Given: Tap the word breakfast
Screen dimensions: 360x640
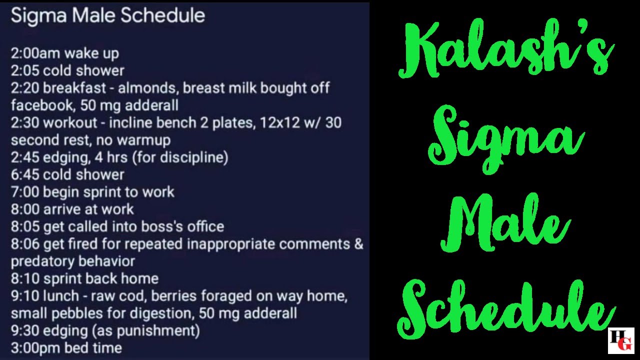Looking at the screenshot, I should click(74, 88).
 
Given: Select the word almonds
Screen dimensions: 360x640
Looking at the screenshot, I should click(147, 88).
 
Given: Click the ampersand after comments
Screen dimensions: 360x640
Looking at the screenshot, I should click(358, 244).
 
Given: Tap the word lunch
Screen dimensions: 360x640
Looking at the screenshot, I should click(61, 296).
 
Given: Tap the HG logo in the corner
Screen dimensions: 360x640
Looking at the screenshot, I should click(621, 340).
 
